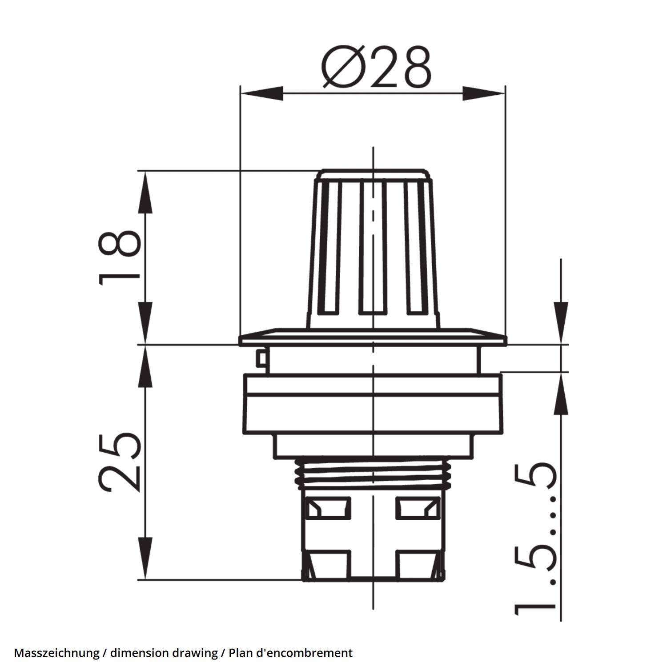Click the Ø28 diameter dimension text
tap(376, 67)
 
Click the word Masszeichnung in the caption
tap(56, 653)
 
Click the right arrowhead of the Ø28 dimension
tap(484, 93)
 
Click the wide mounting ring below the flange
tap(373, 404)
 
